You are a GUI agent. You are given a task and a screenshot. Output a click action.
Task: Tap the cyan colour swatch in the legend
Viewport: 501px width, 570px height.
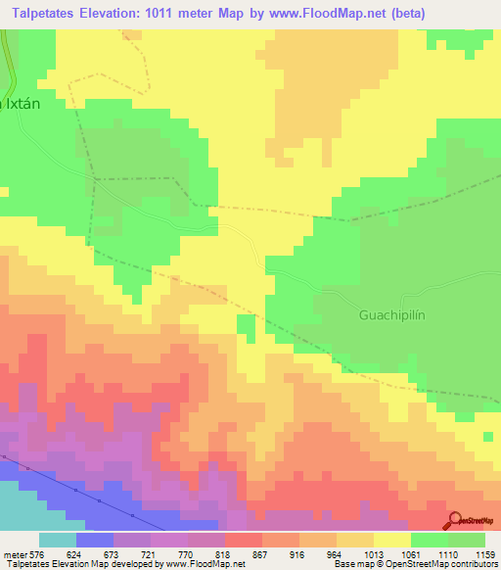pyautogui.click(x=57, y=540)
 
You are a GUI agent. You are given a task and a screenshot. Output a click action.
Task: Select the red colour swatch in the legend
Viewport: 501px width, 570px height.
pyautogui.click(x=242, y=540)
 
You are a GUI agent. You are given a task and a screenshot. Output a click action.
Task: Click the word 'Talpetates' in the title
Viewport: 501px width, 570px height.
pyautogui.click(x=42, y=13)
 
